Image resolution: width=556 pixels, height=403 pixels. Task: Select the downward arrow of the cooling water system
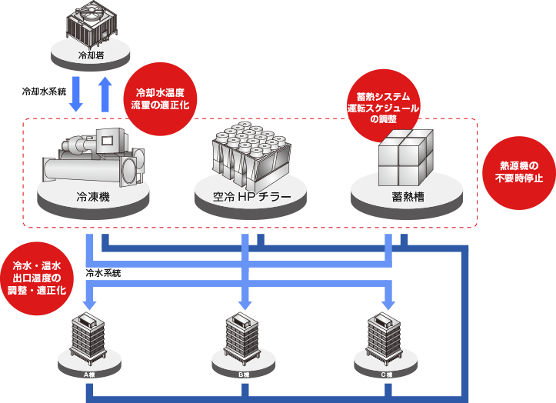[76, 94]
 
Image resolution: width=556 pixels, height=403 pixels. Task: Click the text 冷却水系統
[44, 91]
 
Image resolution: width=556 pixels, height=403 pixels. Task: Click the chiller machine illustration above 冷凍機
[92, 158]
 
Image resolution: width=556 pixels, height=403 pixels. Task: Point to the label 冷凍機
[93, 198]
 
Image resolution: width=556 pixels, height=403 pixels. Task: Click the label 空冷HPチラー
[251, 198]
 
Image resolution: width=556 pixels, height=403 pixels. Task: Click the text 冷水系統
[103, 272]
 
